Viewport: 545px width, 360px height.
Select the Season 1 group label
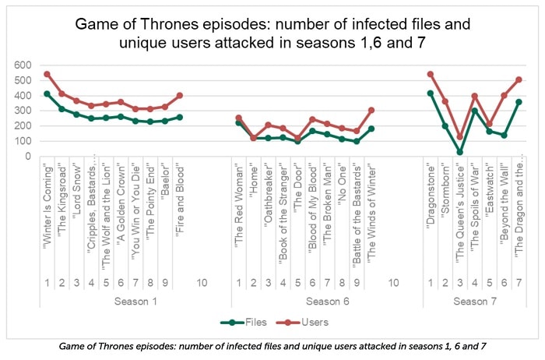coord(135,300)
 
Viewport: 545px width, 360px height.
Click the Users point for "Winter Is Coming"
coord(47,74)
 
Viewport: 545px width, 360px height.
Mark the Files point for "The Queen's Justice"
coord(459,152)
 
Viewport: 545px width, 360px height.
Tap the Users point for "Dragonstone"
coord(430,74)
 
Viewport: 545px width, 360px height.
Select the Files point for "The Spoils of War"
coord(474,111)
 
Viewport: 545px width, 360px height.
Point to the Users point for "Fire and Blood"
coord(180,95)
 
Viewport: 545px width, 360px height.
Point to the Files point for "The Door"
coord(297,141)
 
